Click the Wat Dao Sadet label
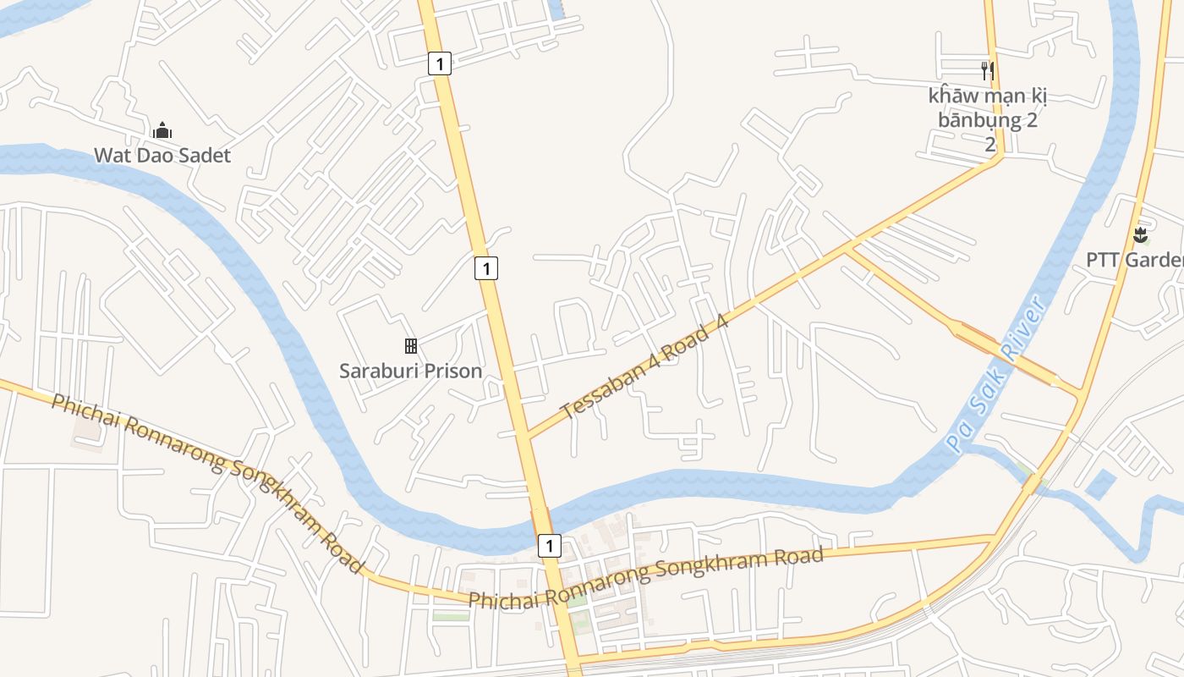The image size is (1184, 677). tap(162, 156)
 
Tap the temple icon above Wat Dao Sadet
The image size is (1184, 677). tap(162, 130)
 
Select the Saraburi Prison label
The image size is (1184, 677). tap(410, 371)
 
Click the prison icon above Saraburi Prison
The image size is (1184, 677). tap(411, 345)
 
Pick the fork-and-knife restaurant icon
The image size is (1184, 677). tap(987, 69)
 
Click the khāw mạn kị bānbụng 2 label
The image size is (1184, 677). tap(988, 107)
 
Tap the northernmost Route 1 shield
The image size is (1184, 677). tap(439, 63)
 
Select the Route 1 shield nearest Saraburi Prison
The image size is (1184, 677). tap(485, 268)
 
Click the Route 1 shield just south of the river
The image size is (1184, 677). tap(549, 546)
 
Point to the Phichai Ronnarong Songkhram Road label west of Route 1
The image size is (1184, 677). tap(208, 482)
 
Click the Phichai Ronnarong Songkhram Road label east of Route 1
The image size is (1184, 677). tap(645, 578)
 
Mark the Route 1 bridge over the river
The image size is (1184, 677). tap(540, 519)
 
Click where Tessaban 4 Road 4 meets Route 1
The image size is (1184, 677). tap(524, 437)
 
